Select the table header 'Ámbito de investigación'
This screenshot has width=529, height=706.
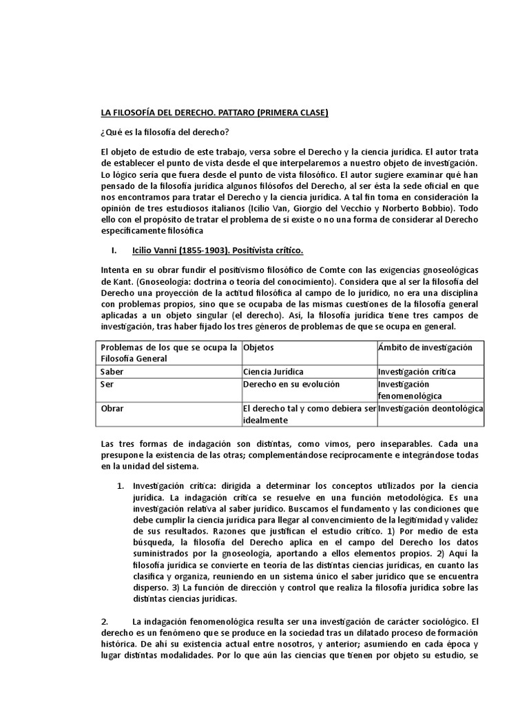(425, 347)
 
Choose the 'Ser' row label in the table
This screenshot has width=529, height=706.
(107, 383)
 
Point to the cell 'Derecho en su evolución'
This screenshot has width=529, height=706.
(291, 383)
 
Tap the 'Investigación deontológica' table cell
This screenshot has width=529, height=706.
(431, 408)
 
